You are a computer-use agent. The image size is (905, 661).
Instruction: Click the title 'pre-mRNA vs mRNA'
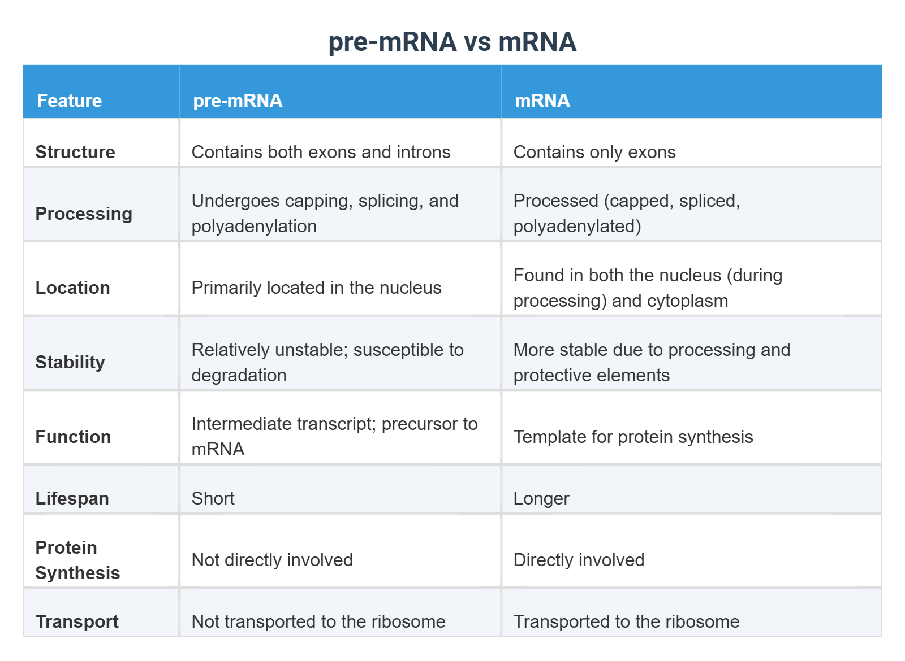452,42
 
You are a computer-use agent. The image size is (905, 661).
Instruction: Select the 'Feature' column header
69,101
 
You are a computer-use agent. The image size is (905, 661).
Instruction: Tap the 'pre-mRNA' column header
238,101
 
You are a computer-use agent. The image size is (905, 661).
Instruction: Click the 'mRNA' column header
542,101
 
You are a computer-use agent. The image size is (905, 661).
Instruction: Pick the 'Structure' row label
75,152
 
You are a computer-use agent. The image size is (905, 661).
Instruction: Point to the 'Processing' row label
84,214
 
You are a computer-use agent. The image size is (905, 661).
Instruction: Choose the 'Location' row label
72,288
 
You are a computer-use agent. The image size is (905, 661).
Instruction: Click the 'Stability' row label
70,362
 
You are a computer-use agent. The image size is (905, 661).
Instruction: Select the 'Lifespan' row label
72,498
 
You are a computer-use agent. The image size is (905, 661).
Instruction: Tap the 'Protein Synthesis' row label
77,560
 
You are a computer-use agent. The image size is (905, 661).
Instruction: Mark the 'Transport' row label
77,621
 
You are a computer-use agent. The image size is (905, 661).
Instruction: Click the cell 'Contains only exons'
594,152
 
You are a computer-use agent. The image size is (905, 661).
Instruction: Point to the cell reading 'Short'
213,498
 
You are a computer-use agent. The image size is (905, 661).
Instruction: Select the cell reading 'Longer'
541,498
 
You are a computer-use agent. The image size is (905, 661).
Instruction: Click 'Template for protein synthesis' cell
633,437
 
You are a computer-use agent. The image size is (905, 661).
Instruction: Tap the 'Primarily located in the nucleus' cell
316,288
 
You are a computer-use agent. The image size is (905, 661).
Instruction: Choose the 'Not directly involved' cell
272,560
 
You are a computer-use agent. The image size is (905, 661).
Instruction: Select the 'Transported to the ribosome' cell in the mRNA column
626,621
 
